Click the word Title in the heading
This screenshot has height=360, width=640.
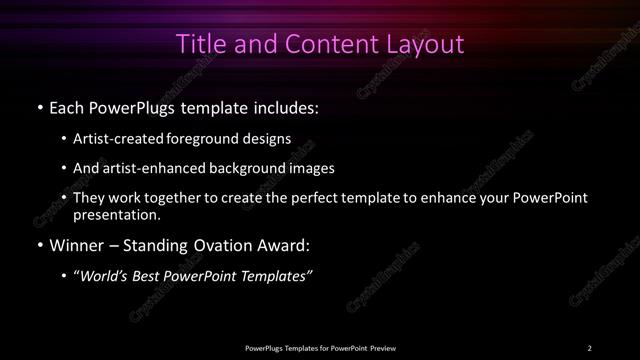pyautogui.click(x=197, y=45)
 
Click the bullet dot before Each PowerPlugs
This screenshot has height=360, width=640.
pyautogui.click(x=38, y=107)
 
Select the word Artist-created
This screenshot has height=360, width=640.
pyautogui.click(x=119, y=139)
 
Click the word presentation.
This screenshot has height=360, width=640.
pyautogui.click(x=116, y=214)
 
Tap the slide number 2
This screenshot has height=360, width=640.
pyautogui.click(x=590, y=347)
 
